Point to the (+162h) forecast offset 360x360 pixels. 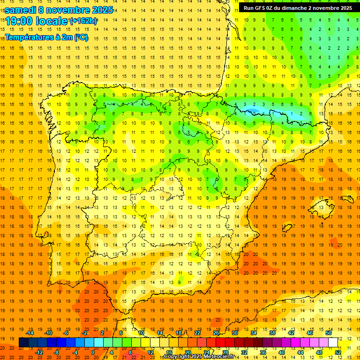pos(83,21)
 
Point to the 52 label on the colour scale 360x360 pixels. pos(338,352)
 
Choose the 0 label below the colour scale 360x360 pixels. pos(93,352)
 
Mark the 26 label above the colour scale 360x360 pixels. pos(216,333)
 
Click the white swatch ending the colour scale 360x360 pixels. pos(333,342)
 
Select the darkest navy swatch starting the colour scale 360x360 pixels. pos(23,342)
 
